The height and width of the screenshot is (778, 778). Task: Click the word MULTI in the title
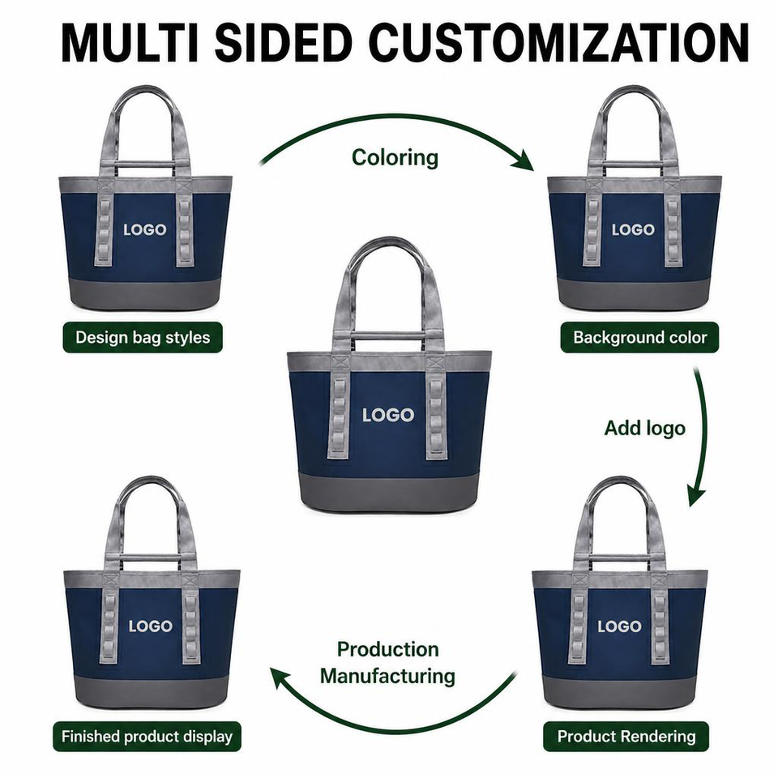click(x=130, y=42)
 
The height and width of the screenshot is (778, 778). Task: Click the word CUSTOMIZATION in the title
click(x=559, y=42)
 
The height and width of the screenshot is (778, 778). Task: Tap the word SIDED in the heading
click(x=284, y=42)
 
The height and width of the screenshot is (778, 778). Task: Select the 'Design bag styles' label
click(x=143, y=337)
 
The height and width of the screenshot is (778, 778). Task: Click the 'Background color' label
click(x=639, y=337)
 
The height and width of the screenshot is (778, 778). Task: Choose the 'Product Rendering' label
click(x=626, y=737)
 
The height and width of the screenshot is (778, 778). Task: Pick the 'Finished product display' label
click(x=147, y=737)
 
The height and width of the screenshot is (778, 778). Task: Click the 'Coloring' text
click(x=395, y=158)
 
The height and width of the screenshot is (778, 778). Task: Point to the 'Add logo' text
click(x=644, y=428)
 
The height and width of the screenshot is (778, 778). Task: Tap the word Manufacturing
click(x=387, y=676)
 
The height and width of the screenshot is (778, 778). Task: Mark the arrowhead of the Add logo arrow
click(x=695, y=495)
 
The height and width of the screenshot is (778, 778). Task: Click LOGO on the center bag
click(x=388, y=415)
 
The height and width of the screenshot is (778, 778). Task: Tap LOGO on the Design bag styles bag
click(x=145, y=229)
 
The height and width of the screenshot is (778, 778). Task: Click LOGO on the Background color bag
click(x=633, y=229)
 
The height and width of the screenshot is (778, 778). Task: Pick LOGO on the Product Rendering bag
click(x=619, y=626)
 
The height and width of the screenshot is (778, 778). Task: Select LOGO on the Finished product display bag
click(x=151, y=626)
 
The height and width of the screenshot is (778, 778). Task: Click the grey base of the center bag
click(x=388, y=491)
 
